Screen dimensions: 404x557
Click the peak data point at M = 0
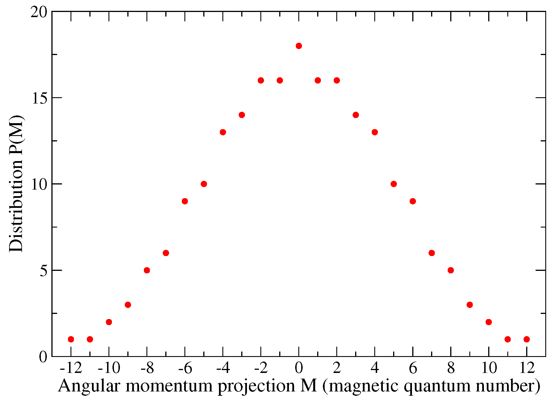299,46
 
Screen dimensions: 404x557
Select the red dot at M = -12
71,339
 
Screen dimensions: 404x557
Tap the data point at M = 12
527,339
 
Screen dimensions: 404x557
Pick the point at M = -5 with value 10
204,184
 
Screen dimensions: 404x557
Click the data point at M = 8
451,270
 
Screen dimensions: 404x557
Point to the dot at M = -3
242,115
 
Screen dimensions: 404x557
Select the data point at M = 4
375,132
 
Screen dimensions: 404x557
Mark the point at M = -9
128,305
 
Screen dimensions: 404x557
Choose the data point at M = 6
413,201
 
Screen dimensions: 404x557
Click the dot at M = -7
166,253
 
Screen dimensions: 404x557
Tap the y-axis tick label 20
39,13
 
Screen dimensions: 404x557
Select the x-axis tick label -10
109,368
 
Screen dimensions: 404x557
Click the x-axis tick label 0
299,368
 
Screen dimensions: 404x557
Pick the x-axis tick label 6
413,368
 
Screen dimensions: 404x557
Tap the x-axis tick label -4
223,368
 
